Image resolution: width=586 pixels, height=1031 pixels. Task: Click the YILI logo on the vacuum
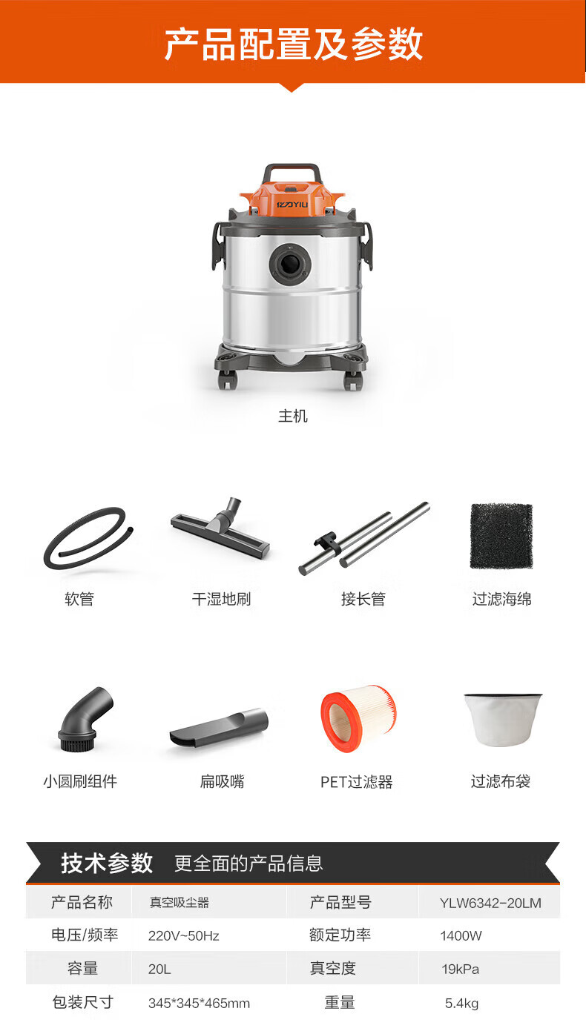click(292, 204)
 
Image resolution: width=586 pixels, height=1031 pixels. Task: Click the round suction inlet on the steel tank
click(290, 264)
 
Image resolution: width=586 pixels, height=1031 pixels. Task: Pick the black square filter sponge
click(501, 536)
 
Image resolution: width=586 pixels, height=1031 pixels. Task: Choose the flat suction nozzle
click(219, 728)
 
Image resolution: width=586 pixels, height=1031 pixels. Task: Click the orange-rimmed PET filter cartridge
click(358, 718)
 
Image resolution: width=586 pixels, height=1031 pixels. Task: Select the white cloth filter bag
click(503, 720)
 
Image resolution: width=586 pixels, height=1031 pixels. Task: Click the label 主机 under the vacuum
click(292, 416)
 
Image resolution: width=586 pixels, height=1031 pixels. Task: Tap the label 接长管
click(363, 599)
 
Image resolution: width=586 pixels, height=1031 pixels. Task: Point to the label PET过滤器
click(356, 781)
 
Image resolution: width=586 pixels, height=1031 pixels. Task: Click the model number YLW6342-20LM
click(490, 903)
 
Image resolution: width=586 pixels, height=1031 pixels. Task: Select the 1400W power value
click(461, 935)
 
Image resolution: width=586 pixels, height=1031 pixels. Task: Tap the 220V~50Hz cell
click(183, 935)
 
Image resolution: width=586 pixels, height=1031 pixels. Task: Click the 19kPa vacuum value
click(460, 969)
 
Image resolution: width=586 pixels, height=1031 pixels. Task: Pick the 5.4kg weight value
click(461, 1004)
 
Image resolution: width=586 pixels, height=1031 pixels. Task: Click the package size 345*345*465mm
click(199, 1004)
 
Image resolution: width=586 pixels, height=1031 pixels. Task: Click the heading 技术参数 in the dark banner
click(107, 863)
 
